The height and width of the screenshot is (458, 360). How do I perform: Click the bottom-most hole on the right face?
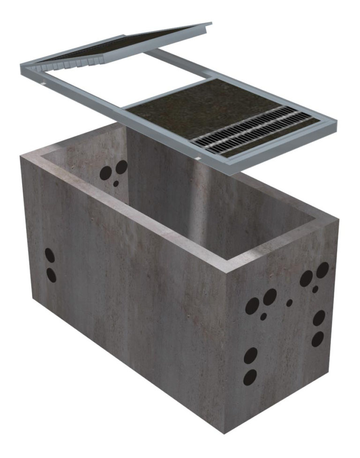point(250,377)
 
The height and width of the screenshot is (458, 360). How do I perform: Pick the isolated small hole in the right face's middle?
point(289,303)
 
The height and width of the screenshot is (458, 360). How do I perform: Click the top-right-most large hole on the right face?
point(323,269)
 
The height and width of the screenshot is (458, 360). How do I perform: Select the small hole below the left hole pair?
point(263,317)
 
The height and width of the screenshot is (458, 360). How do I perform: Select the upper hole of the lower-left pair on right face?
point(251,355)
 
